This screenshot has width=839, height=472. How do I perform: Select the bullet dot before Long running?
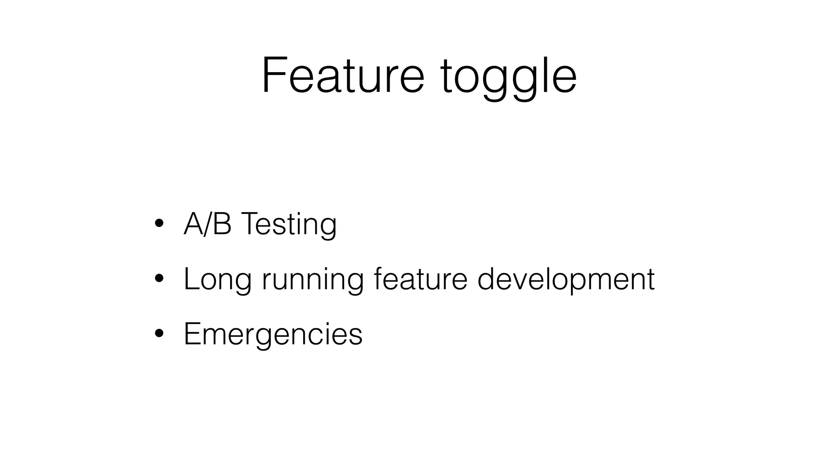click(x=159, y=279)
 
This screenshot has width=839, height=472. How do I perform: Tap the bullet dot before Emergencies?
click(x=159, y=334)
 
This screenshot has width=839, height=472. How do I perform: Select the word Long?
click(x=217, y=280)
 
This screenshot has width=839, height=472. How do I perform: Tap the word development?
click(x=566, y=280)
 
